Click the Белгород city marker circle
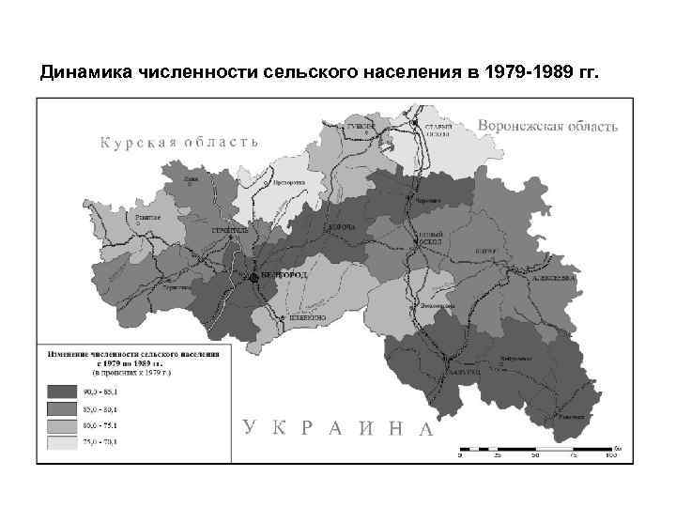pyautogui.click(x=253, y=278)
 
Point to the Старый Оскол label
pyautogui.click(x=438, y=130)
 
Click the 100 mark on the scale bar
pyautogui.click(x=611, y=456)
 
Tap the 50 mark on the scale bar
pyautogui.click(x=535, y=456)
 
